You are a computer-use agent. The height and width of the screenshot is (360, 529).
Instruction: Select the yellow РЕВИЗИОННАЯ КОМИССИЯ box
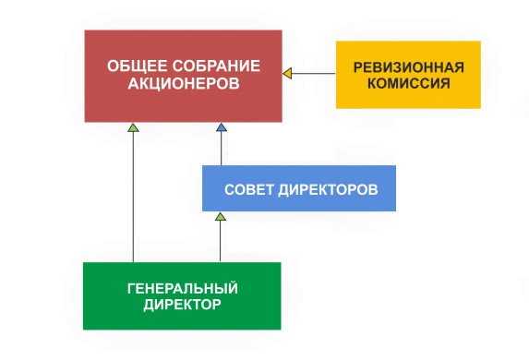408,75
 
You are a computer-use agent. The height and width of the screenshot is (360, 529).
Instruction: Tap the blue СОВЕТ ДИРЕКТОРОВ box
299,188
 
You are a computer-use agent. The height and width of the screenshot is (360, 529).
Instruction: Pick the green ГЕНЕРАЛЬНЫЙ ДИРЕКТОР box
182,295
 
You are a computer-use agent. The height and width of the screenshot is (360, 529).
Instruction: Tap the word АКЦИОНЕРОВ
184,84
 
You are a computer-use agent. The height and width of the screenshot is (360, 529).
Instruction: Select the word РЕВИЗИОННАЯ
408,66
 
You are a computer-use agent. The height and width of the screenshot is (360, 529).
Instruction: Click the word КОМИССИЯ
408,83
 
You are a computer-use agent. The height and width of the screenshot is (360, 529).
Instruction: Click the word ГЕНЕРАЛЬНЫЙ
182,288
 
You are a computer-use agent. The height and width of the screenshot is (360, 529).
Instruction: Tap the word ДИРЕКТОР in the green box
182,304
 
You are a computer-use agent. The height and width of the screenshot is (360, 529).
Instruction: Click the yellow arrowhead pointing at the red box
287,73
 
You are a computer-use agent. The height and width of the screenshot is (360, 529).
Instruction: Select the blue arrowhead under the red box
222,126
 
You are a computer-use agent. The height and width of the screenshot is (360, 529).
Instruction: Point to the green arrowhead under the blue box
220,216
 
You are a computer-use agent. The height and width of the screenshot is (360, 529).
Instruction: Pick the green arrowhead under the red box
133,126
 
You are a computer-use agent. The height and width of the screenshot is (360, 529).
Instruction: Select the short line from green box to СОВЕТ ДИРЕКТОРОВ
220,242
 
